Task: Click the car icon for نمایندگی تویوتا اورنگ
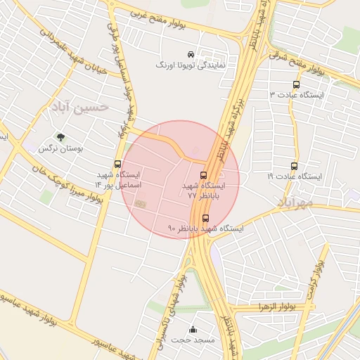[191, 54]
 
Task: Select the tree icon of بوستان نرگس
[60, 137]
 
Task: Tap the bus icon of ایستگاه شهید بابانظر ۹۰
[205, 218]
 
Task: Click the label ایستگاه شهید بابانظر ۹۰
[205, 229]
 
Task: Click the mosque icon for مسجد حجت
[193, 330]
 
